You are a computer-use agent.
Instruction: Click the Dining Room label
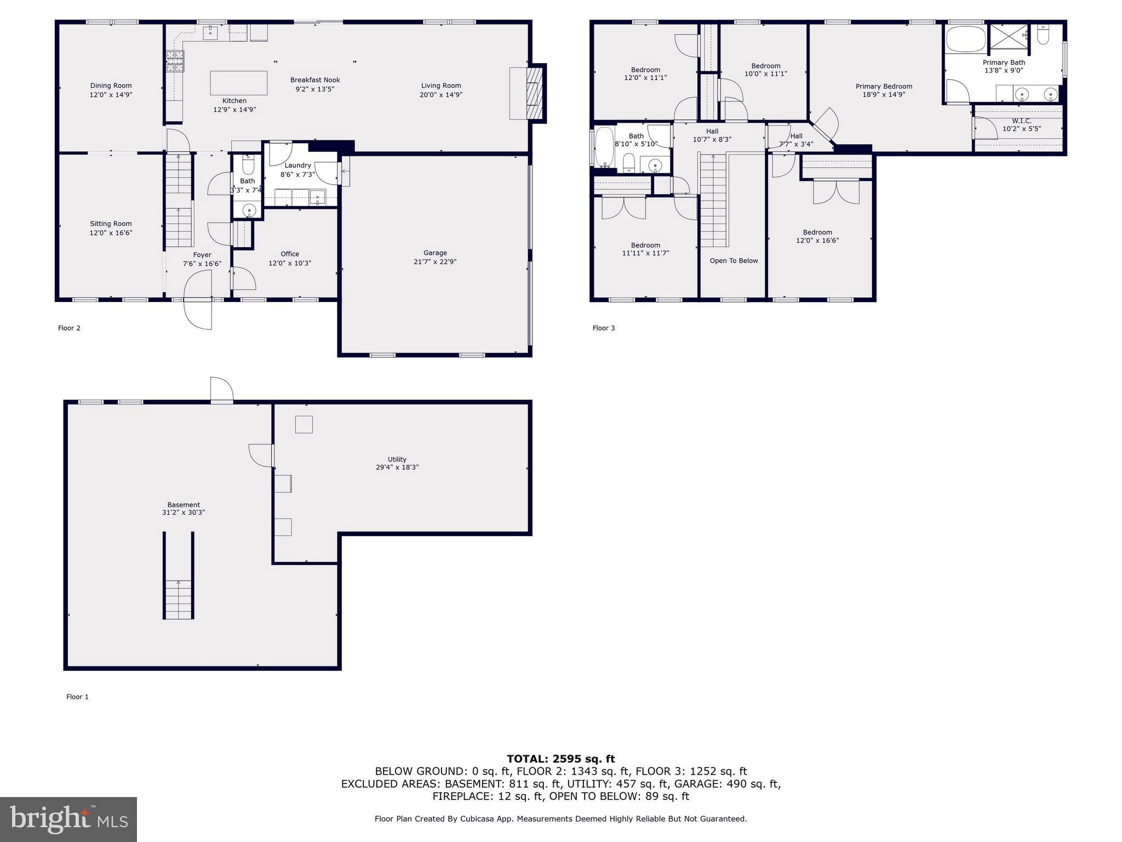coord(111,86)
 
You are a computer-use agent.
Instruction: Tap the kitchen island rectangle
coord(239,83)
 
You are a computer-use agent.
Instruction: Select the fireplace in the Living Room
coord(534,93)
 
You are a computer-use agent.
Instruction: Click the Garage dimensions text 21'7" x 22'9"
coord(435,261)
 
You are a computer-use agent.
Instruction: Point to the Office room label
coord(290,254)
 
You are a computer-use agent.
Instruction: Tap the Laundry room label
coord(297,165)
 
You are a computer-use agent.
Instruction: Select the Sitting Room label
coord(111,224)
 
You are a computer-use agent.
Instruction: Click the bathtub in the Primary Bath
coord(965,39)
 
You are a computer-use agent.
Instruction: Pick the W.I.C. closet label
coord(1021,121)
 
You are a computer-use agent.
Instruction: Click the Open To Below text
coord(734,260)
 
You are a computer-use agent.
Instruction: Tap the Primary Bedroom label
coord(884,86)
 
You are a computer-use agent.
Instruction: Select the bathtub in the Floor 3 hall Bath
coord(604,146)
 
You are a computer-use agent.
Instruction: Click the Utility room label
coord(397,459)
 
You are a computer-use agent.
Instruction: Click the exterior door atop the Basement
coord(221,390)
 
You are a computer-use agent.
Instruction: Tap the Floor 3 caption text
coord(603,328)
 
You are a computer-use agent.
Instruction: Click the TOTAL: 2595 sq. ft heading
coord(560,759)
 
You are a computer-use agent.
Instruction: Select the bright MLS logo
coord(68,819)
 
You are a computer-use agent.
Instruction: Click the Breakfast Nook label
coord(315,80)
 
